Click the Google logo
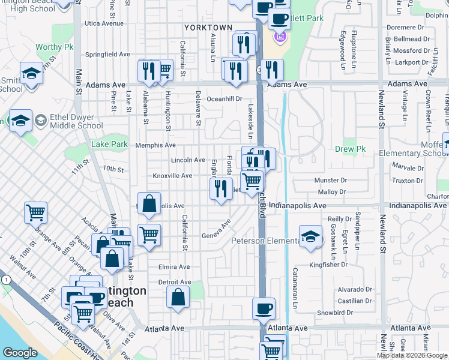(19, 352)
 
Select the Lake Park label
(109, 144)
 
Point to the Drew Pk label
(346, 148)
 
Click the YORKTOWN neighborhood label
(208, 28)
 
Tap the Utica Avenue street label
(104, 24)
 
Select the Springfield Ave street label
(107, 54)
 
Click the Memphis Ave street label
(155, 145)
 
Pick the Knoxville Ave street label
(172, 176)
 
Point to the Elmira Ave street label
(174, 267)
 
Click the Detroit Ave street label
(174, 282)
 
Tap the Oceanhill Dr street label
(224, 99)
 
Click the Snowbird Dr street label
(334, 313)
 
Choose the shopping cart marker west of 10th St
(36, 212)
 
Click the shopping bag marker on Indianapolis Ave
(149, 203)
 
